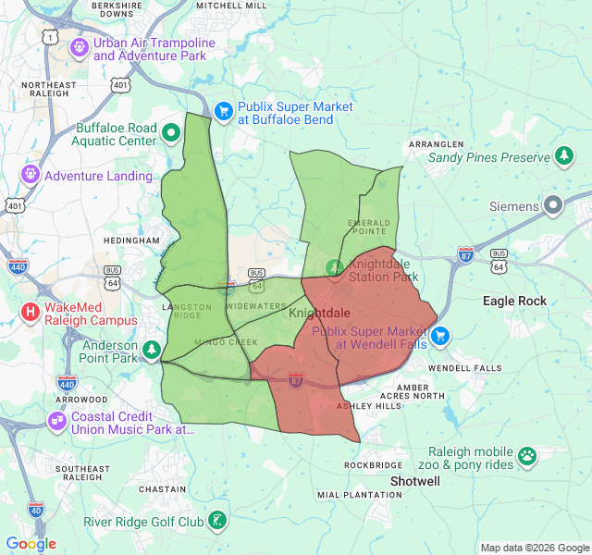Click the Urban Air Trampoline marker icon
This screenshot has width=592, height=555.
(79, 44)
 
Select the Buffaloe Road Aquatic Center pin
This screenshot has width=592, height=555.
(171, 132)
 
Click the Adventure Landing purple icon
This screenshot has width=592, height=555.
(30, 173)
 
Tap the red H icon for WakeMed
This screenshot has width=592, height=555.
(31, 312)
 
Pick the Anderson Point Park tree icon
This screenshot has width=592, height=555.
(152, 350)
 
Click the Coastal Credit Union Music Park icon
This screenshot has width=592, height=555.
(56, 421)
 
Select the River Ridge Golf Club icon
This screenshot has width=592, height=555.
(217, 521)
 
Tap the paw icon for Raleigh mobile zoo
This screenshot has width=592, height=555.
(527, 455)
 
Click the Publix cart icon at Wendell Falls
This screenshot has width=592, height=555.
(440, 335)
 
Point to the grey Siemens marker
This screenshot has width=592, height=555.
(554, 204)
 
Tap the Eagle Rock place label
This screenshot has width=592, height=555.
(515, 301)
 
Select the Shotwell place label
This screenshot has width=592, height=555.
(415, 482)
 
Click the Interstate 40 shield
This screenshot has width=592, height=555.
(35, 510)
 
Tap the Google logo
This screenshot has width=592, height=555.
(31, 544)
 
